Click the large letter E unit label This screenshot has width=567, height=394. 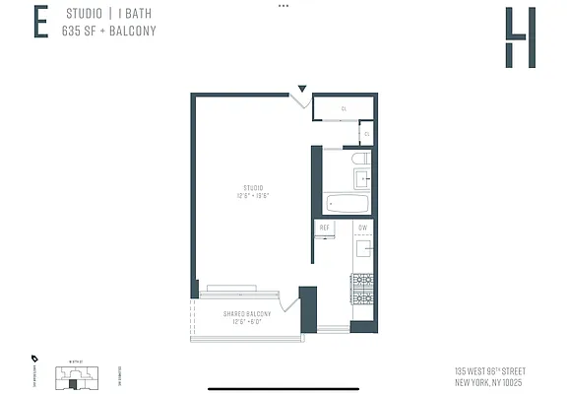(x=40, y=23)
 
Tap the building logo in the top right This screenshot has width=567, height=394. (x=520, y=37)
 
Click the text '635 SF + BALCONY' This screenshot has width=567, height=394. (x=110, y=31)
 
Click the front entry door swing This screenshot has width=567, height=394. (x=302, y=100)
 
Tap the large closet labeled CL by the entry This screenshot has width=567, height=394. (x=344, y=108)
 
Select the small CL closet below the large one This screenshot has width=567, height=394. (x=366, y=134)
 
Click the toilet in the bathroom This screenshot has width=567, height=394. (x=360, y=158)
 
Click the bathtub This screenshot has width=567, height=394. (x=346, y=205)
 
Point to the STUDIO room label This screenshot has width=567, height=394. (x=254, y=190)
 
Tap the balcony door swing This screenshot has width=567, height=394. (x=287, y=301)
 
